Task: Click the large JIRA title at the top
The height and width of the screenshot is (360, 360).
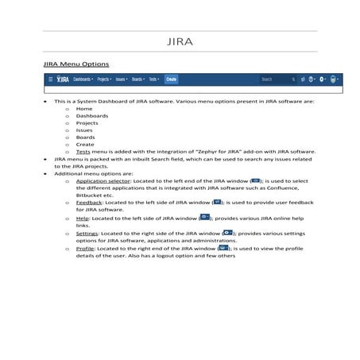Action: [180, 41]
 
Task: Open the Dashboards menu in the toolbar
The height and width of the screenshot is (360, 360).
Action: [83, 79]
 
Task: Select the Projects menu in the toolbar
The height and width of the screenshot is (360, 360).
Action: [104, 79]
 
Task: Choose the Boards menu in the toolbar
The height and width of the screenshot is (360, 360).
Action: [137, 79]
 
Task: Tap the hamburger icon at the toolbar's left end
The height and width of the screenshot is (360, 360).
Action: [51, 79]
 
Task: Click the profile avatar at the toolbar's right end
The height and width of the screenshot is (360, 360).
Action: [335, 79]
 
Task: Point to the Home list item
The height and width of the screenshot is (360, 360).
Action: [84, 109]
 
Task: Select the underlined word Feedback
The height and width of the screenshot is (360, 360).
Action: [89, 203]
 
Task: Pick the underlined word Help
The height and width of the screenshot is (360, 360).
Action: [83, 217]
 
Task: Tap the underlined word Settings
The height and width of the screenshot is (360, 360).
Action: [87, 233]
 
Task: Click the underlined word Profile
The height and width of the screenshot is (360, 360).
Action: [85, 249]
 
